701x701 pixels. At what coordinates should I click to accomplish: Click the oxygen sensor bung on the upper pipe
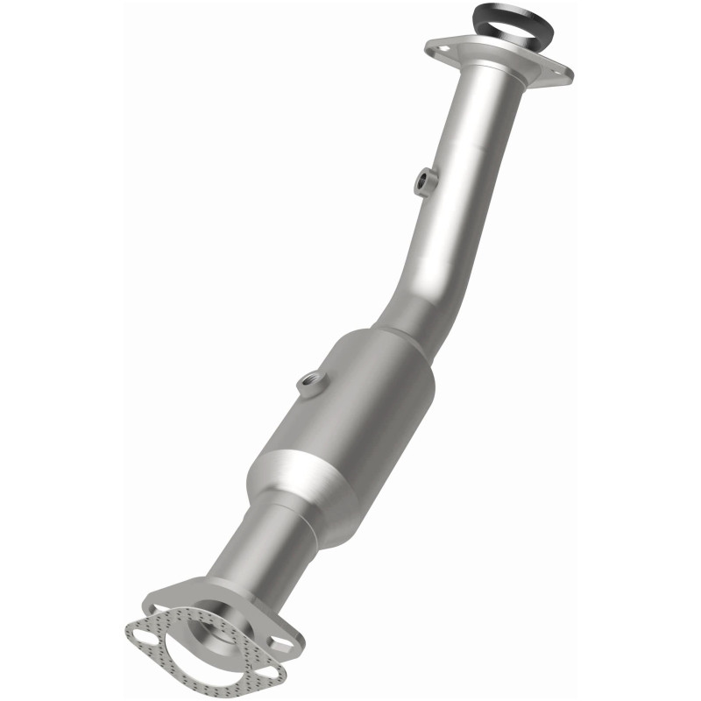[424, 180]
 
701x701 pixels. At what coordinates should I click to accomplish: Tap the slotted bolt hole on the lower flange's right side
[280, 645]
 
